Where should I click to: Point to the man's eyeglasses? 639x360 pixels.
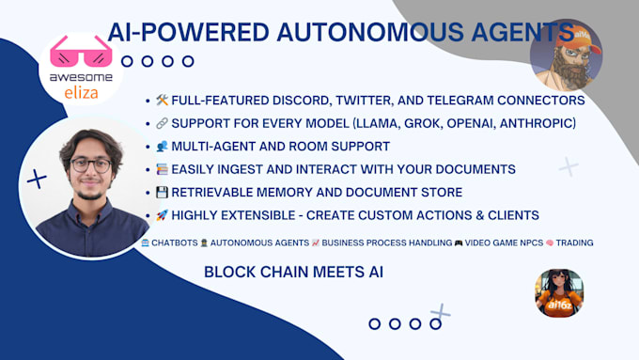coord(90,165)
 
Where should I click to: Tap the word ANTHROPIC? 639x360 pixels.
coord(538,123)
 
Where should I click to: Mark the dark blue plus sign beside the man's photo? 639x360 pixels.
coord(37,179)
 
